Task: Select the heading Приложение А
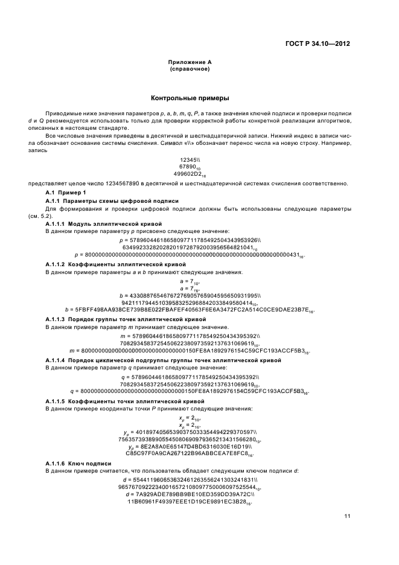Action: pyautogui.click(x=190, y=62)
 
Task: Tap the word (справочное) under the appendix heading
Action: pyautogui.click(x=190, y=69)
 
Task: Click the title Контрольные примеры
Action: pyautogui.click(x=190, y=98)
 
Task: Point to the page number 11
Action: pyautogui.click(x=347, y=515)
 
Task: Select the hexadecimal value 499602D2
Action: pyautogui.click(x=188, y=174)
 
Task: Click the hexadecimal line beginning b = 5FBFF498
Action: pyautogui.click(x=190, y=310)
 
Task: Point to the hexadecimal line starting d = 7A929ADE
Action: pyautogui.click(x=190, y=494)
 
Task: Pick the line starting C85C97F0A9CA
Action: pyautogui.click(x=190, y=453)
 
